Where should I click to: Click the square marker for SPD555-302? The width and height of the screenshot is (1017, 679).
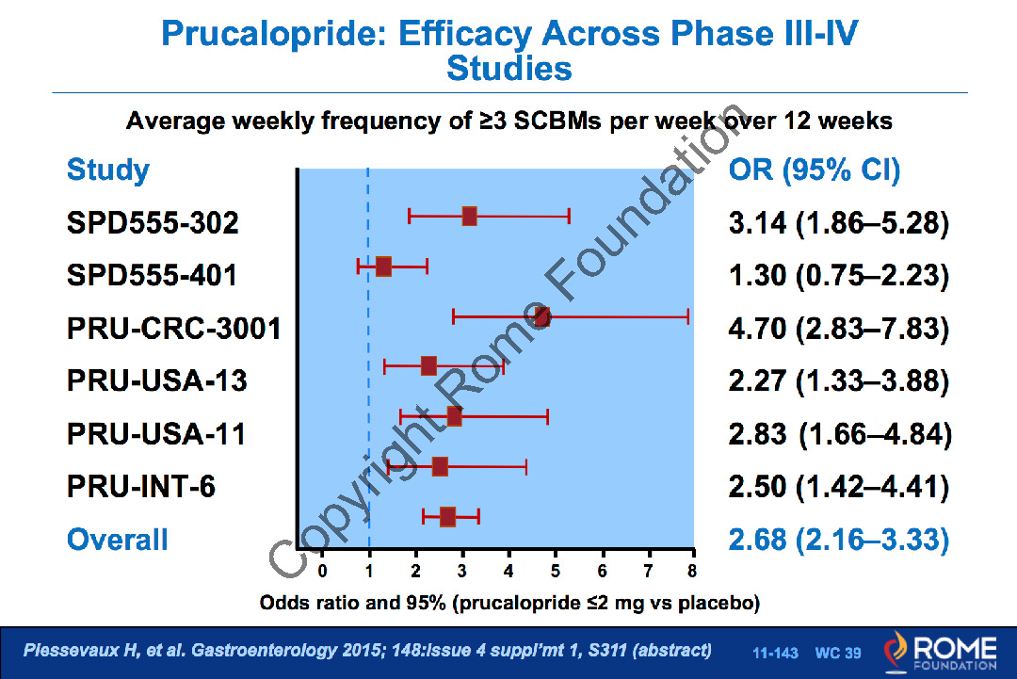[x=469, y=217]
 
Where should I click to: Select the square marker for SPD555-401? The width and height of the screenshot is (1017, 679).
[x=383, y=267]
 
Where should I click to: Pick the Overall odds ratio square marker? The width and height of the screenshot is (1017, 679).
[x=447, y=516]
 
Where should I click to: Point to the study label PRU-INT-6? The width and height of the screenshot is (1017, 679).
[x=141, y=487]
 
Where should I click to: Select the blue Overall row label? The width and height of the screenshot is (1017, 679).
[x=118, y=540]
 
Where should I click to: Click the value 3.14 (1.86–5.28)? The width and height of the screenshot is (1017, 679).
[x=838, y=223]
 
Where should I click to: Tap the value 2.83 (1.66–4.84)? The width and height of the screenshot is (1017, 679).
[x=840, y=434]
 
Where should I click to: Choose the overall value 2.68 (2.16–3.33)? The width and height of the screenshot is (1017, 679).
[x=838, y=540]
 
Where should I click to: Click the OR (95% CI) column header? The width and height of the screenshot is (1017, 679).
[x=815, y=170]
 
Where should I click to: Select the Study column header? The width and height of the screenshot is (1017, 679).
[x=108, y=170]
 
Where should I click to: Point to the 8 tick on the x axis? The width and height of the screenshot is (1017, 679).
[x=692, y=570]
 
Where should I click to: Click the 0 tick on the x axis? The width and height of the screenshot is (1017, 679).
[x=322, y=570]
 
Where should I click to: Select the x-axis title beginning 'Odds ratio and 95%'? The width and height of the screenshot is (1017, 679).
[x=509, y=602]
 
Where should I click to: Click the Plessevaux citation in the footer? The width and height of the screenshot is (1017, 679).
[x=367, y=651]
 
